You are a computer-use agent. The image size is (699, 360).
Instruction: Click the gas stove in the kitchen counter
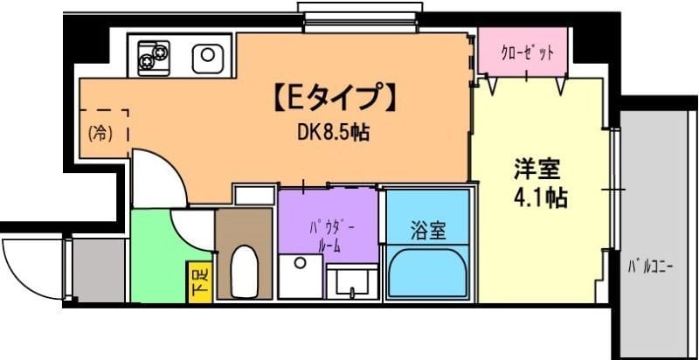[154, 57]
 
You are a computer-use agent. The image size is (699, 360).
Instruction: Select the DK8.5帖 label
[330, 133]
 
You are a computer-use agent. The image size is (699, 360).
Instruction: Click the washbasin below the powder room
[353, 280]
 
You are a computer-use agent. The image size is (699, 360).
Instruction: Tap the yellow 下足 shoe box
[198, 281]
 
